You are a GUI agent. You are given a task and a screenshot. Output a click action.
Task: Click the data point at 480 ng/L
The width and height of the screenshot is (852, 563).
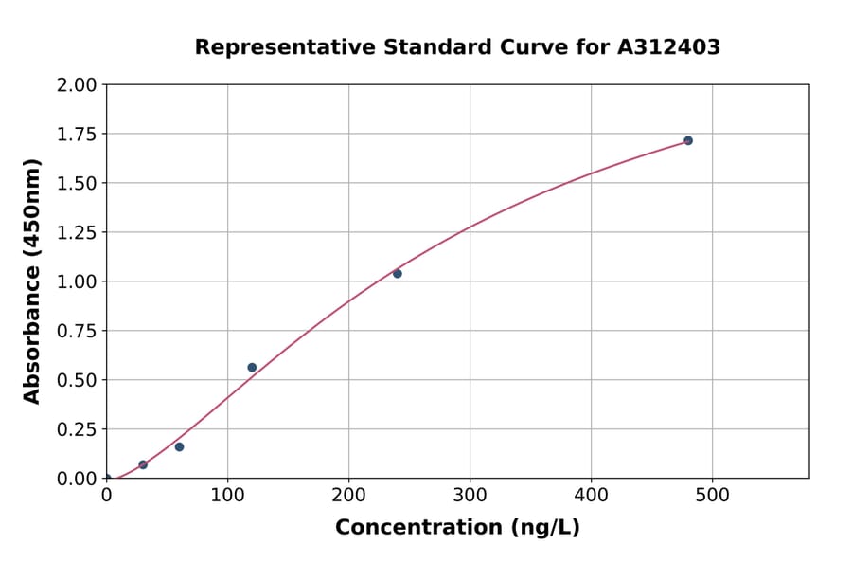tap(688, 140)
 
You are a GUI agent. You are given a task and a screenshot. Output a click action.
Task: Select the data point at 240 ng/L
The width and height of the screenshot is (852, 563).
tap(398, 274)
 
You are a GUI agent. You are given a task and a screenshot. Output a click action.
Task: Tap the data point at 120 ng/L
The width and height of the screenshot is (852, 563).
tap(252, 368)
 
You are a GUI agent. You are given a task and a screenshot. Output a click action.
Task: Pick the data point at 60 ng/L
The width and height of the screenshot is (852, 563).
tap(179, 446)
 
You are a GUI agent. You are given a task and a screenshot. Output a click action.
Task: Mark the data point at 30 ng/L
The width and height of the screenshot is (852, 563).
tap(143, 464)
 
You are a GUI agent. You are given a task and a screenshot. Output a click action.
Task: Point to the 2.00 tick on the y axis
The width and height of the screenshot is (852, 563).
tap(77, 85)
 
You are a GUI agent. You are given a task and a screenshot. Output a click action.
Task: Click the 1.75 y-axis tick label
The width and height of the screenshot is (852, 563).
tap(77, 135)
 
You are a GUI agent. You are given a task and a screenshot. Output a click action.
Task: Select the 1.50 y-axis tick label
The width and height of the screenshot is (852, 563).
tap(77, 184)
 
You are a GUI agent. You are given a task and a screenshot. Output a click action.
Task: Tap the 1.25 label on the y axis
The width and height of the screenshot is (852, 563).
tap(77, 233)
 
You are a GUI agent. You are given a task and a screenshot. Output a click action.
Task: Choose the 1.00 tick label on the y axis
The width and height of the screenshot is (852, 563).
tap(77, 282)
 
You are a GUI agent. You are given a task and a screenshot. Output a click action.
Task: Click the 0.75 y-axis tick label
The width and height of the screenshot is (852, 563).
tap(77, 332)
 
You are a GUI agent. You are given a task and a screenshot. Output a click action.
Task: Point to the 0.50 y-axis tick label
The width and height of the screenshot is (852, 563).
tap(77, 381)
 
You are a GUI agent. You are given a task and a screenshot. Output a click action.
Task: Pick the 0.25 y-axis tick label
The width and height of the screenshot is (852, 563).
tap(77, 430)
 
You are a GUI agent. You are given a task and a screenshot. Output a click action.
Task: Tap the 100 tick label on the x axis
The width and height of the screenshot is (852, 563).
tap(227, 495)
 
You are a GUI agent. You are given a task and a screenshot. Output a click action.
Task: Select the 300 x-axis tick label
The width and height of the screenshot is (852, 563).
tap(470, 495)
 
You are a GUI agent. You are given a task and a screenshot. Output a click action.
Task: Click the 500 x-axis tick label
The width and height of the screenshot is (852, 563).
tap(712, 495)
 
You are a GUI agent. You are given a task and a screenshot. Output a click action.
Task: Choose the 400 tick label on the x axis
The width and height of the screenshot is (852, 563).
tap(591, 495)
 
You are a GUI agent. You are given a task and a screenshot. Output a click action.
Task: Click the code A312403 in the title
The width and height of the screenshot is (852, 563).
tap(668, 47)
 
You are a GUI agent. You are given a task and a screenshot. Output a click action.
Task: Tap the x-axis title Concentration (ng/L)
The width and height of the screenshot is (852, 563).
tap(457, 528)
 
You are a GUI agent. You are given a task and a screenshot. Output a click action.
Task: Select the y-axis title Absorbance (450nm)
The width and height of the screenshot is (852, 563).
tap(32, 281)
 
